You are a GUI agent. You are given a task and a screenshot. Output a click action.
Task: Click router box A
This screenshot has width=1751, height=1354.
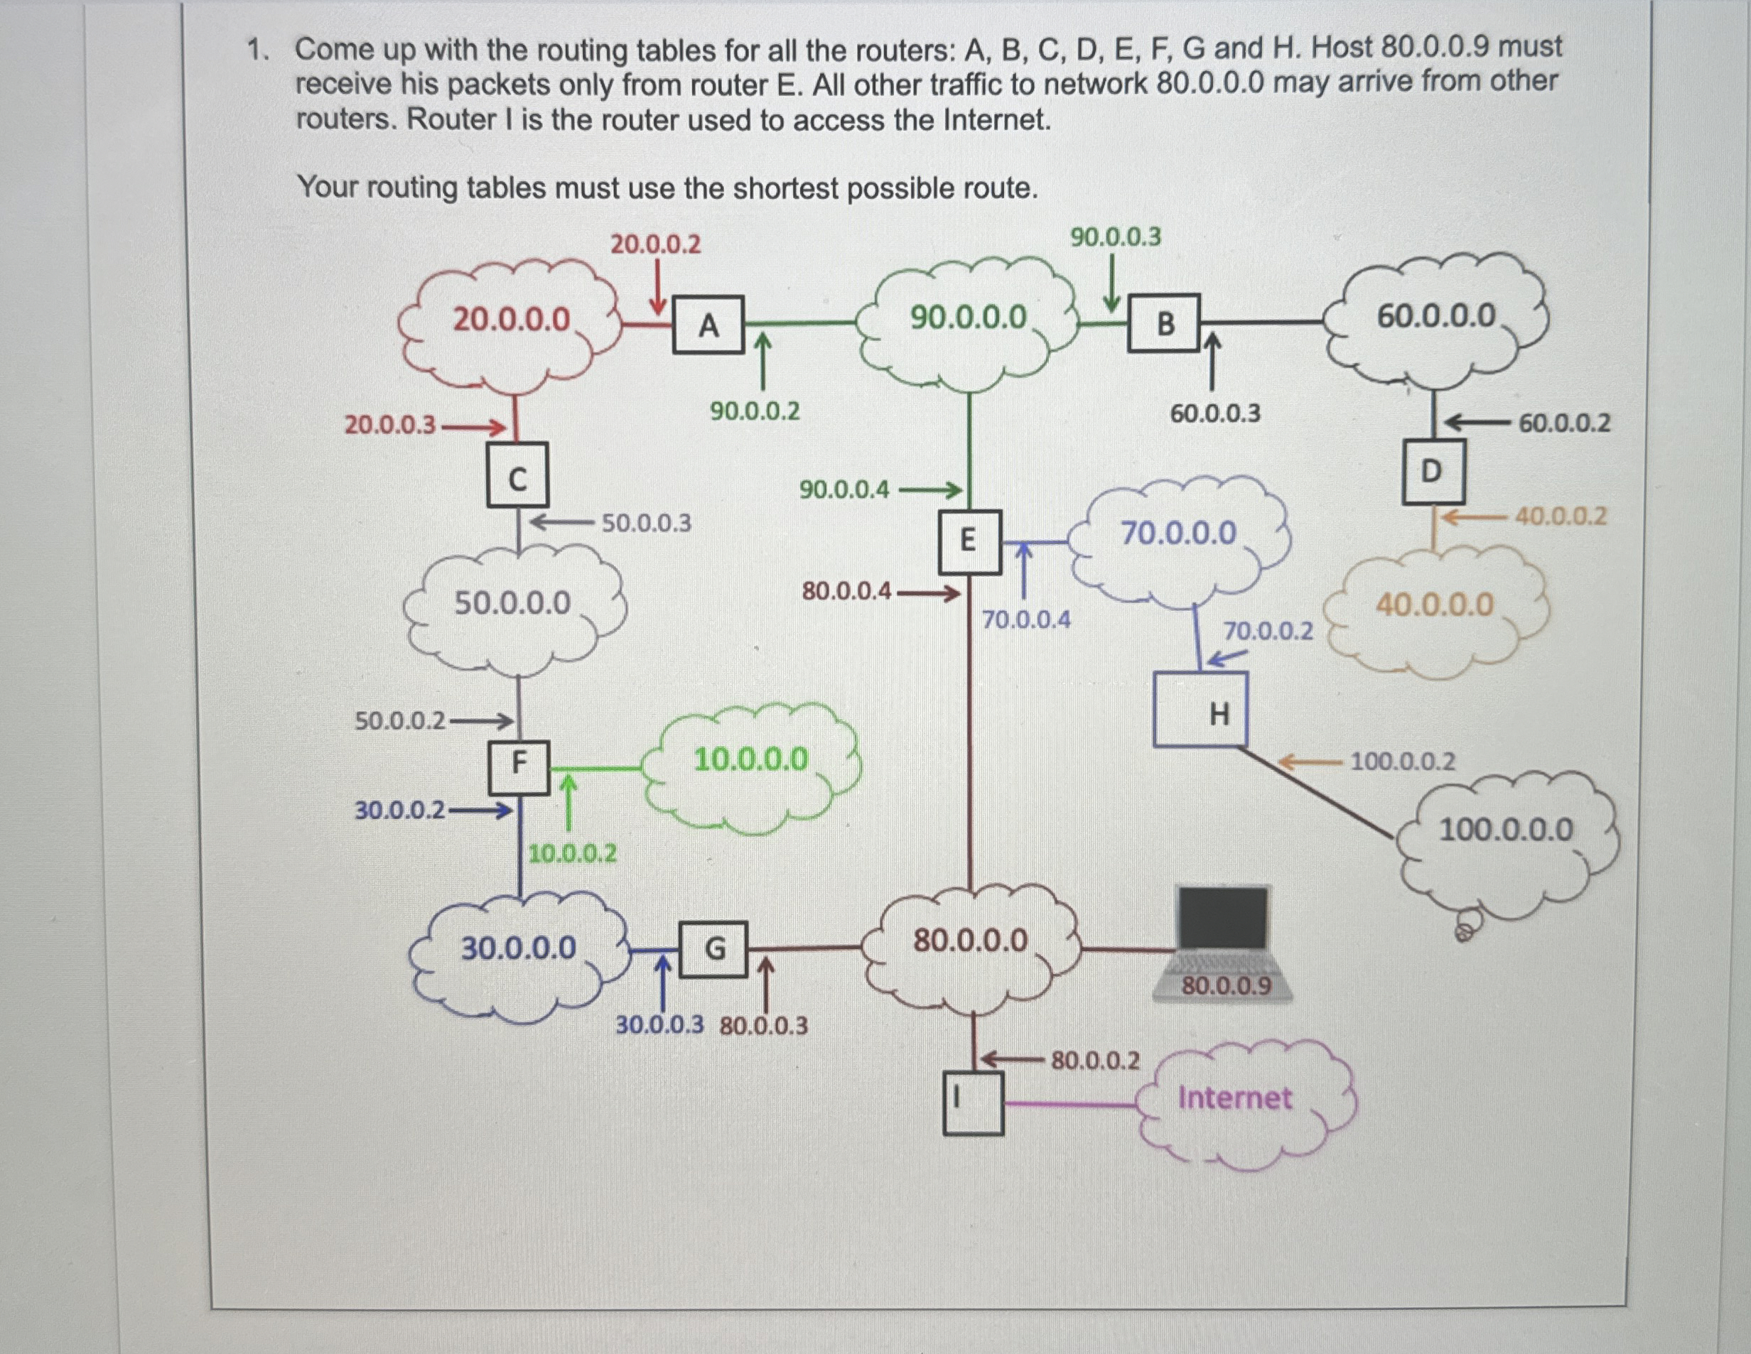pos(709,325)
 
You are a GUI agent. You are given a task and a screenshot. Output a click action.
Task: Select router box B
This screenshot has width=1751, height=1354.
pos(1164,323)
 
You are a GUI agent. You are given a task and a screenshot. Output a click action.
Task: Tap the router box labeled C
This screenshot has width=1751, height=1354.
pos(518,475)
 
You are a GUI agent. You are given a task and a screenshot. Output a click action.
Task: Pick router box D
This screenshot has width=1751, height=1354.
pos(1433,472)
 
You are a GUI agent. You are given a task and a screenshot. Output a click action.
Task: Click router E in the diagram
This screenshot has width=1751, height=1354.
pos(970,542)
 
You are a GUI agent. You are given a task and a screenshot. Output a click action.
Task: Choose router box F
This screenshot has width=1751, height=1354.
pos(519,767)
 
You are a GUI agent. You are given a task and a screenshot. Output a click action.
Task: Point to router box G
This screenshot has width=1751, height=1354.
pos(713,950)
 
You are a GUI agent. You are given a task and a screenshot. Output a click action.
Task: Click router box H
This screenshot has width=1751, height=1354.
pos(1201,710)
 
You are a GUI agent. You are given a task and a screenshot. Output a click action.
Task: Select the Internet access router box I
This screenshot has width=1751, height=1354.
pos(974,1104)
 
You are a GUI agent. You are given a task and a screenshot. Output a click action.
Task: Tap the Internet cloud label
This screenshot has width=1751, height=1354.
pos(1234,1098)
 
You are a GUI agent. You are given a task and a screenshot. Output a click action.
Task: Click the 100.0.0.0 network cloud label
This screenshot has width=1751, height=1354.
pos(1507,829)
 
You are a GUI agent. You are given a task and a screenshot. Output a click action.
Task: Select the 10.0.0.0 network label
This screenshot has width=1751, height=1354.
pos(751,759)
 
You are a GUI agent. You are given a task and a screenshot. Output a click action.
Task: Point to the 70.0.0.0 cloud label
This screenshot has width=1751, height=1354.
pos(1178,532)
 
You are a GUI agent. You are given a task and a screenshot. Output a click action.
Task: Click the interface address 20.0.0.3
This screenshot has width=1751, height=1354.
pos(390,424)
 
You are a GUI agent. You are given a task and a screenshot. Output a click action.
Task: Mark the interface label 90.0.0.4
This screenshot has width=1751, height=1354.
pos(844,489)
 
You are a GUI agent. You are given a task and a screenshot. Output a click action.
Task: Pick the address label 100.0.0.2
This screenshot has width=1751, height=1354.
pos(1403,761)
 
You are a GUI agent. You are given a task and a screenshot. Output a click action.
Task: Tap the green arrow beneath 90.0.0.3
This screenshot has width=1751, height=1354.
pos(1112,282)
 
